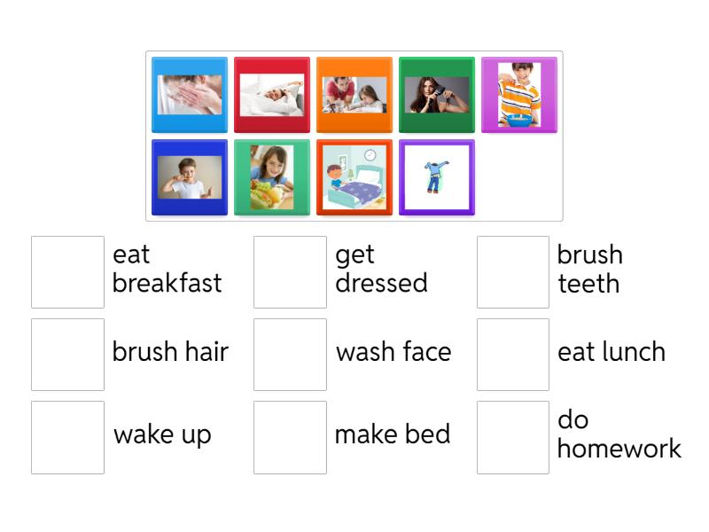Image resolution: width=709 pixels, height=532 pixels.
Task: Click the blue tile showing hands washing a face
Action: click(190, 95)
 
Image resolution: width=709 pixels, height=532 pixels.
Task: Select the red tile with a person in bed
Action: click(272, 95)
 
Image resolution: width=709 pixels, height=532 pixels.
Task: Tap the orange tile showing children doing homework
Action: click(354, 95)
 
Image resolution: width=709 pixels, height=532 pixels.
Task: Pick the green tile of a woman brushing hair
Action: click(437, 95)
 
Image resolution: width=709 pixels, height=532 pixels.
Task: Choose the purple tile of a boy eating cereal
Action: click(519, 95)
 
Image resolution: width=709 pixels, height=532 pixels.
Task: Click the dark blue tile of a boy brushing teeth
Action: click(190, 177)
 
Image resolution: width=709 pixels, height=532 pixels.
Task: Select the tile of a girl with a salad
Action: click(272, 177)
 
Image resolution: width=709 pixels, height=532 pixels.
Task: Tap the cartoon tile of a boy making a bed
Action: click(354, 177)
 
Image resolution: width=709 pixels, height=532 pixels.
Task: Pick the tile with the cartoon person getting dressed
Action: click(437, 177)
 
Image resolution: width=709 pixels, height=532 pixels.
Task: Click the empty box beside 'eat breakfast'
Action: click(68, 272)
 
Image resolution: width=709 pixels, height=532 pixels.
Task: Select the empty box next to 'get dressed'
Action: click(291, 272)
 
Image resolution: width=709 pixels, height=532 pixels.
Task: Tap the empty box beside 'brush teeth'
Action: click(513, 272)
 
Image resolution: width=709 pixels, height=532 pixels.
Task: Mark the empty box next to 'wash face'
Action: click(291, 355)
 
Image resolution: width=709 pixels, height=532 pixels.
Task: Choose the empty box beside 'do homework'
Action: click(513, 437)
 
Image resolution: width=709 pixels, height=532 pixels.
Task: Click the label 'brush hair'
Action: click(170, 352)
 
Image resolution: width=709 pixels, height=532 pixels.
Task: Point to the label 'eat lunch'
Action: click(612, 352)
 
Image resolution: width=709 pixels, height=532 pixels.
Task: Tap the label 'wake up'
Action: click(163, 435)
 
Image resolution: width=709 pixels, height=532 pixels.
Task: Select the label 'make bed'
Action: click(393, 434)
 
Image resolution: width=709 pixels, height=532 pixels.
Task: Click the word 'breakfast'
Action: click(167, 284)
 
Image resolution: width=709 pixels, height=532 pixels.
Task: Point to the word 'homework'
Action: click(619, 449)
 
